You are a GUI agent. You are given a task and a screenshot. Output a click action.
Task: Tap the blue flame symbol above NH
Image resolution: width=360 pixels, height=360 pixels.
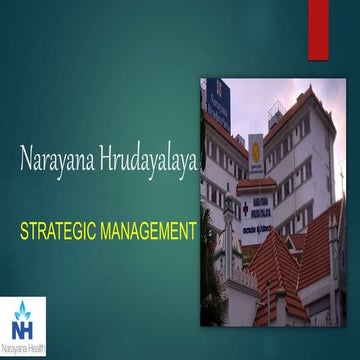point(22,306)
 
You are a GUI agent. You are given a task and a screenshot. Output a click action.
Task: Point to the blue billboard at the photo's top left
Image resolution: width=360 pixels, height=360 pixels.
point(217,104)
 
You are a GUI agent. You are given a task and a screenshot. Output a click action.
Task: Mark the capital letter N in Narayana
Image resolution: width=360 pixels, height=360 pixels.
point(26,158)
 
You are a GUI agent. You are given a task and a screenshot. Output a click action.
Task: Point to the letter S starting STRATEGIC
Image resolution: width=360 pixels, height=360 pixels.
point(25,233)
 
